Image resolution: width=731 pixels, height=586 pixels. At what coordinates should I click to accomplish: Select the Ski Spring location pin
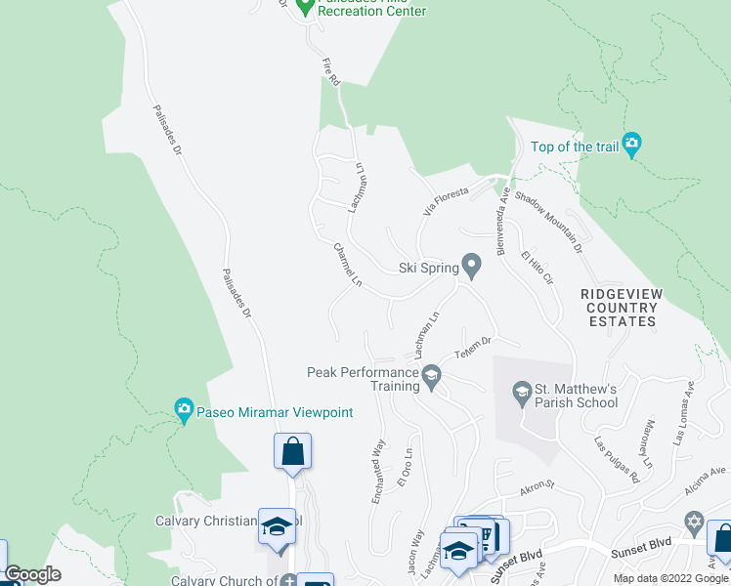(472, 266)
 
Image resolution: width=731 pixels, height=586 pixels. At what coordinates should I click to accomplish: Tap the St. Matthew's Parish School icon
(522, 394)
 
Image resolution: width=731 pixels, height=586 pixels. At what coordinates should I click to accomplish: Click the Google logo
(32, 574)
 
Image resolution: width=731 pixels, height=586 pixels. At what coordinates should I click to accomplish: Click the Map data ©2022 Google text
(670, 578)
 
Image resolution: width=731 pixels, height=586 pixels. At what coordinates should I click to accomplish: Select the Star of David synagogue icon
(694, 521)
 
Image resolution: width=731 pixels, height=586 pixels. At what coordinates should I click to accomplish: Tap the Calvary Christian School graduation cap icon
(277, 525)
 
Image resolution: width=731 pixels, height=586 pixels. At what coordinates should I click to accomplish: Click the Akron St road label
(537, 483)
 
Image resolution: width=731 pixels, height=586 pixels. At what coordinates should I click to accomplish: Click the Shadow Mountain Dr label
(548, 223)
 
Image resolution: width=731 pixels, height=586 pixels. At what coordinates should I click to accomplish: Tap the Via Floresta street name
(446, 199)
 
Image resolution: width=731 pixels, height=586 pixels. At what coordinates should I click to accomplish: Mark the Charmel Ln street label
(347, 266)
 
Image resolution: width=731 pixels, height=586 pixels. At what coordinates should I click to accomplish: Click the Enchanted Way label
(376, 473)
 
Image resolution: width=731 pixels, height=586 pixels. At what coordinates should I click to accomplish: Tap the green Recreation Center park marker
(304, 7)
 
